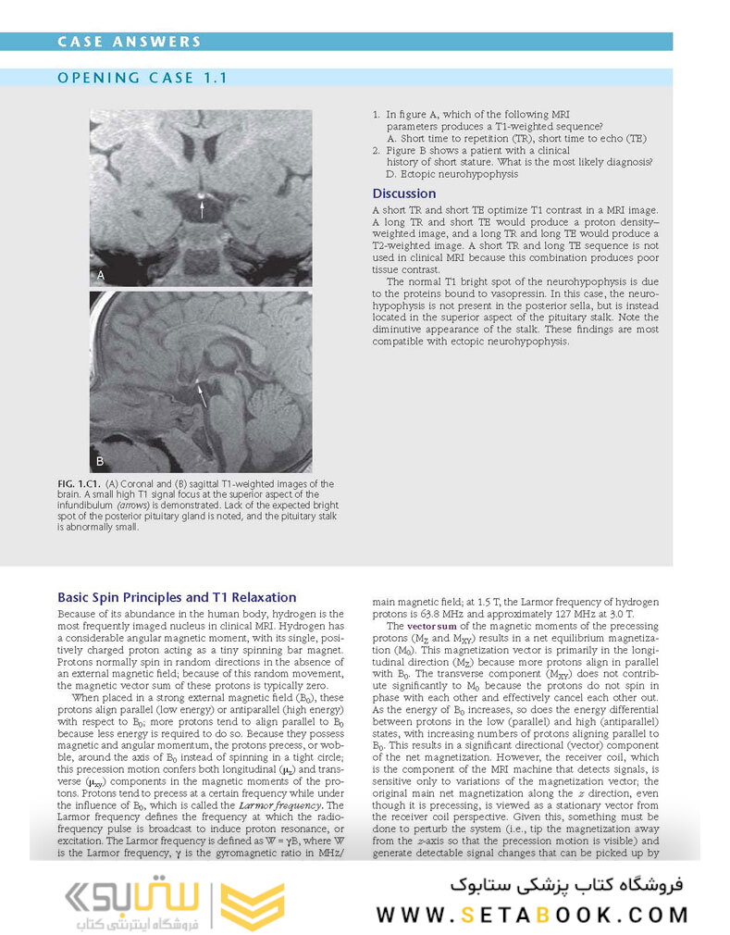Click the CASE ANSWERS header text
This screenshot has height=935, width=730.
tap(129, 42)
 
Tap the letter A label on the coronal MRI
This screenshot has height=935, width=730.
tap(101, 275)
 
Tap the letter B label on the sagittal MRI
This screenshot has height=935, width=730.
tap(101, 460)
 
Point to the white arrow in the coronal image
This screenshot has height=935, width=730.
tap(202, 209)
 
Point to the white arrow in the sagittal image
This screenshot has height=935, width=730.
tap(201, 395)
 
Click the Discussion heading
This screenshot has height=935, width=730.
tap(403, 193)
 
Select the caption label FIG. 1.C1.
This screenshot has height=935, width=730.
tap(80, 484)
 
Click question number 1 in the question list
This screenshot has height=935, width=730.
tap(377, 114)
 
